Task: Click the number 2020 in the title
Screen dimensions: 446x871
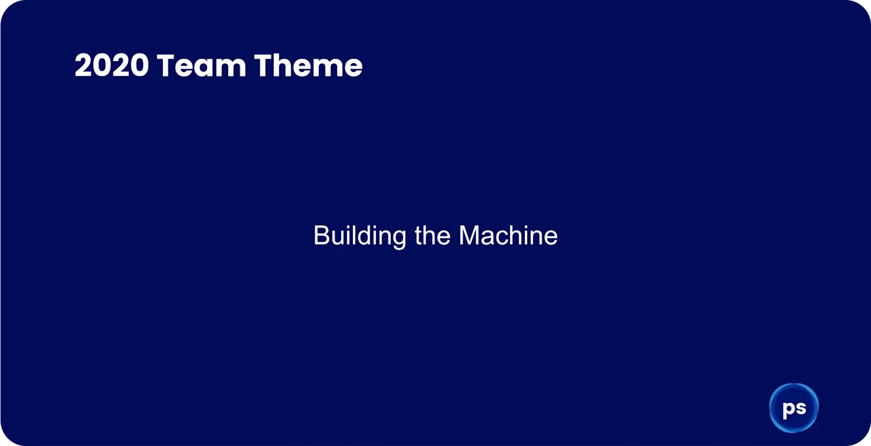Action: coord(112,66)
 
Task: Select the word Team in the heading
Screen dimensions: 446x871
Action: coord(201,66)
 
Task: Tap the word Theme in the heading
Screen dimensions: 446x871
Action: coord(308,66)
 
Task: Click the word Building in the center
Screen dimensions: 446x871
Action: coord(359,236)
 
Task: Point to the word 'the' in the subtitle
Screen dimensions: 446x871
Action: coord(432,236)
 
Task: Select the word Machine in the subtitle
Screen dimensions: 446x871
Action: coord(508,236)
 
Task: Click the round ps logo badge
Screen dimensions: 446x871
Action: coord(794,408)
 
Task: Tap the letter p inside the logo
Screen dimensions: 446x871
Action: coord(788,410)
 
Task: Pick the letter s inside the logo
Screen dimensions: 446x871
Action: coord(800,408)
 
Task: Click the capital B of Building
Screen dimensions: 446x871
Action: coord(321,236)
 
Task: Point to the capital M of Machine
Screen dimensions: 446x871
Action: coord(469,236)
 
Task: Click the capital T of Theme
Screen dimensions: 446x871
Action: coord(263,66)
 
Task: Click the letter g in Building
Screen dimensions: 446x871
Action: coord(399,239)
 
